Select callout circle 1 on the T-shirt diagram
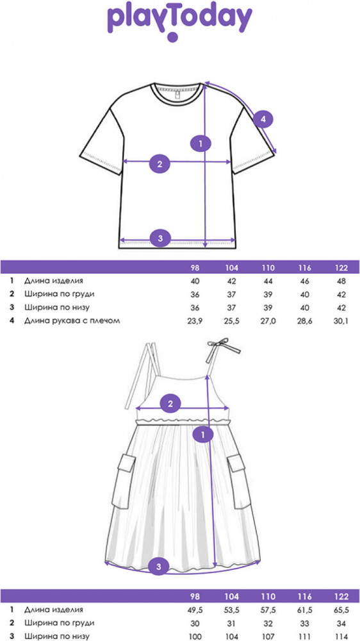coord(200,144)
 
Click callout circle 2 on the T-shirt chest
coord(160,164)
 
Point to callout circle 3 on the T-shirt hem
coord(160,238)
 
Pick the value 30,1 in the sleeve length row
coord(341,321)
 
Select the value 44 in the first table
coord(268,281)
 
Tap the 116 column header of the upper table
coord(305,268)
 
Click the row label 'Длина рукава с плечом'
coord(72,321)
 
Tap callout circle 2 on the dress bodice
coord(170,404)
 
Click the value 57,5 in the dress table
coord(268,610)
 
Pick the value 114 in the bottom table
coord(341,637)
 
